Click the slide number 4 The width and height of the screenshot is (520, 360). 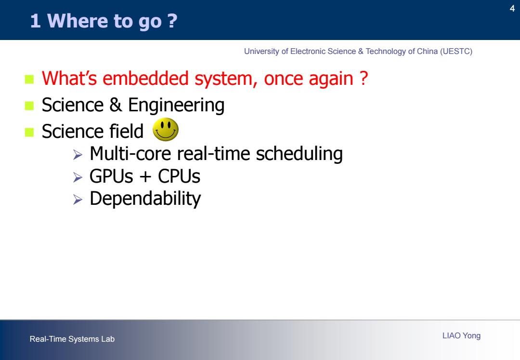point(512,8)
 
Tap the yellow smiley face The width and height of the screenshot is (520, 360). point(166,129)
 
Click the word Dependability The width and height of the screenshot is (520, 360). point(145,199)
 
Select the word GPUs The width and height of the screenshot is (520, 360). point(111,176)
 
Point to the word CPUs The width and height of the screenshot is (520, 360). point(179,176)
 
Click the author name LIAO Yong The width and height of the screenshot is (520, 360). point(461,335)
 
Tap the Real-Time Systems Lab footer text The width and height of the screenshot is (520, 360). point(72,339)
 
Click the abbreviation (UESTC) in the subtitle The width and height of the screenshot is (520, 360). point(456,52)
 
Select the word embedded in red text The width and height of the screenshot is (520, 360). point(146,79)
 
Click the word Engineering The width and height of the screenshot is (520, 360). point(176,105)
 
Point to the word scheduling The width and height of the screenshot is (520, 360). point(299,154)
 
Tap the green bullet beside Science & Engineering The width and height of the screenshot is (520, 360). point(29,106)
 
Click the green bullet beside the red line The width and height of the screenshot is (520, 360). point(29,80)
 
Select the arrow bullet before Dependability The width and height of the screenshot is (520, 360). point(78,200)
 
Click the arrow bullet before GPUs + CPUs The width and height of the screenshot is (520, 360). point(78,177)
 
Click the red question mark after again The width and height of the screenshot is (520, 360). point(364,78)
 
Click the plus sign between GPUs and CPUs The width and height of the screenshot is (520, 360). point(145,176)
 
